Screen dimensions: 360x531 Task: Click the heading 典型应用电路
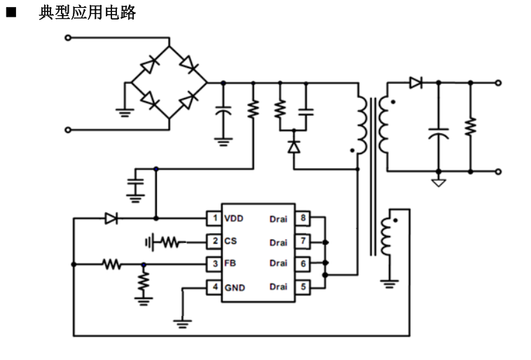pyautogui.click(x=87, y=13)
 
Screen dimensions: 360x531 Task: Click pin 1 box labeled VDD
pyautogui.click(x=214, y=219)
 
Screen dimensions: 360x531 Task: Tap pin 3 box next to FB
pyautogui.click(x=214, y=264)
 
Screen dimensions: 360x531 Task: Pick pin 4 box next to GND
pyautogui.click(x=214, y=287)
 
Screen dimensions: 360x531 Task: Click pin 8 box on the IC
pyautogui.click(x=301, y=219)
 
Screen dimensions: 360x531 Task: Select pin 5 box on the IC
pyautogui.click(x=301, y=287)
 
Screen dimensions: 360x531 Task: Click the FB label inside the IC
pyautogui.click(x=230, y=264)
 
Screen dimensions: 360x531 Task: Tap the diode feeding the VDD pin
pyautogui.click(x=111, y=219)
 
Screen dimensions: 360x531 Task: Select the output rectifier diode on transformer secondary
pyautogui.click(x=415, y=83)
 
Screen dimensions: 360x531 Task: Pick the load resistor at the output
pyautogui.click(x=471, y=127)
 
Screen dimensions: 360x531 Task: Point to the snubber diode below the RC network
pyautogui.click(x=294, y=146)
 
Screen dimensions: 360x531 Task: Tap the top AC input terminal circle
pyautogui.click(x=68, y=37)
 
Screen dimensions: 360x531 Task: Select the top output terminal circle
pyautogui.click(x=498, y=83)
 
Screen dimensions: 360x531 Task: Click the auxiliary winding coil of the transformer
pyautogui.click(x=386, y=237)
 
